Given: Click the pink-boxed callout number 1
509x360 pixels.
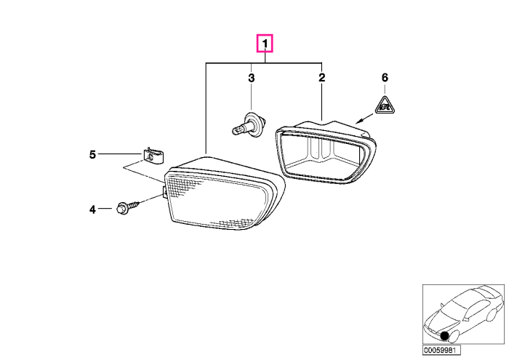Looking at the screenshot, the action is pyautogui.click(x=265, y=43).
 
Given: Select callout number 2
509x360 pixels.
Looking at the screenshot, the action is pyautogui.click(x=321, y=78).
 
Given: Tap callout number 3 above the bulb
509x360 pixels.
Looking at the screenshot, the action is pyautogui.click(x=252, y=78).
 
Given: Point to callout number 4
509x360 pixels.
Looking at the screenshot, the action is pyautogui.click(x=92, y=209).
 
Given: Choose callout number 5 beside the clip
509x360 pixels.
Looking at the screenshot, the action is pyautogui.click(x=92, y=154).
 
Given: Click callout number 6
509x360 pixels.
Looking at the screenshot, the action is pyautogui.click(x=385, y=77).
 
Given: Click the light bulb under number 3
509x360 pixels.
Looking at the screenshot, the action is pyautogui.click(x=249, y=125).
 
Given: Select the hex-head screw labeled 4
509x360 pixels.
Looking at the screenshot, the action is pyautogui.click(x=127, y=207).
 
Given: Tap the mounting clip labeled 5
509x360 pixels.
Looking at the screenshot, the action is pyautogui.click(x=153, y=156).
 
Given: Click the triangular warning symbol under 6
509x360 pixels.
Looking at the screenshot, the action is pyautogui.click(x=385, y=106).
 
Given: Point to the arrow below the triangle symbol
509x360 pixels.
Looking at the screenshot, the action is pyautogui.click(x=364, y=119).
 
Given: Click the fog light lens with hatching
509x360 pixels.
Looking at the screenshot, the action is pyautogui.click(x=224, y=193).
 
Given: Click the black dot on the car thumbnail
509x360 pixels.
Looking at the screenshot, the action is pyautogui.click(x=444, y=336).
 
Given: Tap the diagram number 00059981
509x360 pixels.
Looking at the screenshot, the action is pyautogui.click(x=441, y=351).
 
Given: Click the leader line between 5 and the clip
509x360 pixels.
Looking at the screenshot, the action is pyautogui.click(x=119, y=153).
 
